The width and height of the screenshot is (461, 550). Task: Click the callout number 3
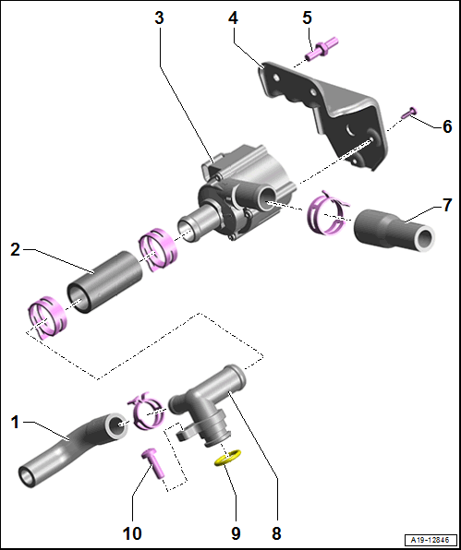click(x=159, y=18)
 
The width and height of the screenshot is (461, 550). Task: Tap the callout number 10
click(x=132, y=533)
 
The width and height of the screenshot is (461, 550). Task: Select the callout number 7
click(x=446, y=205)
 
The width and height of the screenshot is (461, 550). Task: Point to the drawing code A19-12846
click(x=431, y=539)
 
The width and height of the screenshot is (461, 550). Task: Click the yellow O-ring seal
click(x=228, y=458)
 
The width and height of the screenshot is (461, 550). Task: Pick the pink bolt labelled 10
click(x=153, y=463)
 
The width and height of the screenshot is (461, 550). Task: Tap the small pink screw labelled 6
click(x=409, y=113)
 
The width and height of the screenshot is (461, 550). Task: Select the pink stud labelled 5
click(x=321, y=49)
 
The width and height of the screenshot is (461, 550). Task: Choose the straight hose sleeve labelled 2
click(x=104, y=282)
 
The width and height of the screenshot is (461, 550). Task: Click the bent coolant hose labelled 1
click(x=73, y=450)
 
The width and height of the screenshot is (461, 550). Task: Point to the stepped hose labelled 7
click(x=394, y=230)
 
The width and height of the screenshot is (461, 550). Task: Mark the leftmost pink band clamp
click(x=46, y=317)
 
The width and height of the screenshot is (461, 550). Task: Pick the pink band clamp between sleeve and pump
click(x=157, y=248)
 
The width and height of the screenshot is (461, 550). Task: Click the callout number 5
click(x=308, y=18)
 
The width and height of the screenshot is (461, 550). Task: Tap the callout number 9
click(x=236, y=533)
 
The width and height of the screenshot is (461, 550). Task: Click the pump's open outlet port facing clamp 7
click(x=268, y=200)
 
